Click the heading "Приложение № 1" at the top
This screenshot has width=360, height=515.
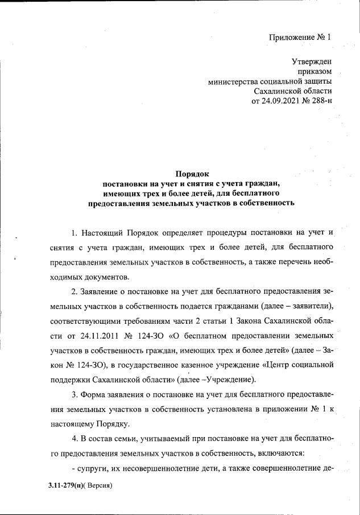click(x=300, y=38)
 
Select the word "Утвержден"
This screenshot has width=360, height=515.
click(x=312, y=61)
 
